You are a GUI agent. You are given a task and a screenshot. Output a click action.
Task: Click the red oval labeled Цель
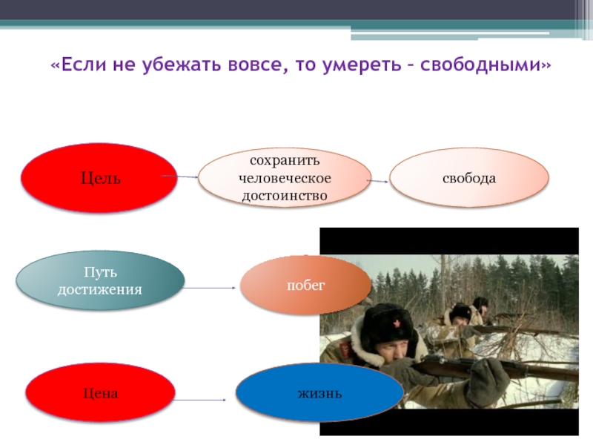click(99, 178)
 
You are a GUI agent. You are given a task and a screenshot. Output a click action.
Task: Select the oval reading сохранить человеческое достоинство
click(285, 178)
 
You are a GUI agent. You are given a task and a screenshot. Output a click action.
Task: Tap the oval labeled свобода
click(469, 178)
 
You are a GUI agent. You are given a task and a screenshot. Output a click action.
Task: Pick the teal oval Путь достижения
click(100, 280)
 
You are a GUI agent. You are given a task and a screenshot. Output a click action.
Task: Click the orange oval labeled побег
click(305, 285)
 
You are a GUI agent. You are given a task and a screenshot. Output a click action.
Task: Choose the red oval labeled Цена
click(100, 393)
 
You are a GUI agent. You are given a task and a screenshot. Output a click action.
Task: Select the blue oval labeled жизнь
click(319, 393)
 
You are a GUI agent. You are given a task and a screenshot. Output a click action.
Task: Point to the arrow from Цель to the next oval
click(179, 177)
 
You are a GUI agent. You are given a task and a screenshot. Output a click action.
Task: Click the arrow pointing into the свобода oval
click(377, 181)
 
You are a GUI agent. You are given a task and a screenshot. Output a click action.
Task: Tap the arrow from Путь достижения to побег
click(209, 288)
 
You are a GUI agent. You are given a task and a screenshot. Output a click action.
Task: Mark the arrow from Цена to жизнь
click(199, 400)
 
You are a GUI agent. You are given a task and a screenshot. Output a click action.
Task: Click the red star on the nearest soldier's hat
click(397, 323)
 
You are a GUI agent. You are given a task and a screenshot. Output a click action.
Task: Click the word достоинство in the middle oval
click(285, 196)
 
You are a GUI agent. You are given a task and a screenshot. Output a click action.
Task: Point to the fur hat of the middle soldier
click(460, 311)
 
